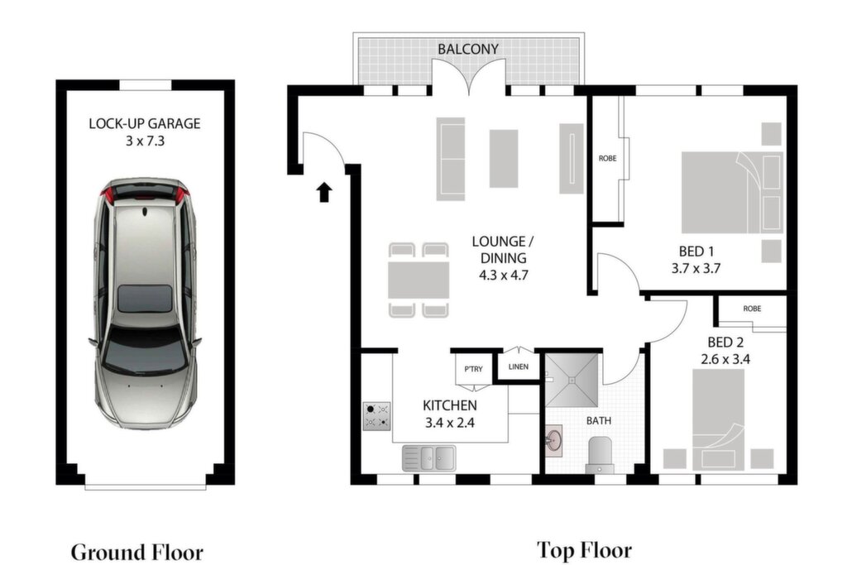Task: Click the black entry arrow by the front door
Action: click(324, 192)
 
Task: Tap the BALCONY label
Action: click(468, 49)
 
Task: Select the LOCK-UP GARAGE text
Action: click(145, 123)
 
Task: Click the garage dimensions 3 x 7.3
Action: click(145, 141)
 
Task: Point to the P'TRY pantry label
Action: click(473, 369)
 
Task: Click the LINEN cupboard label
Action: click(519, 366)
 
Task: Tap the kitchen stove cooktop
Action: click(377, 416)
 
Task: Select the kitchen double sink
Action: click(429, 458)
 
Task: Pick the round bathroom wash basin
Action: click(553, 440)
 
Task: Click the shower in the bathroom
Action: click(572, 381)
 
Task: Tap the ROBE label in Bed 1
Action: click(608, 158)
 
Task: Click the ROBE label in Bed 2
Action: click(752, 309)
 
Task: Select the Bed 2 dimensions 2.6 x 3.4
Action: click(725, 359)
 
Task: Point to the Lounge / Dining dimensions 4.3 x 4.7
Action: click(504, 275)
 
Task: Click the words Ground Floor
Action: click(137, 552)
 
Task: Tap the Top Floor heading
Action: click(585, 550)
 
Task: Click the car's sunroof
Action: click(145, 299)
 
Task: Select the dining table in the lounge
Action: click(419, 280)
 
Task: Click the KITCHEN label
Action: click(449, 405)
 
